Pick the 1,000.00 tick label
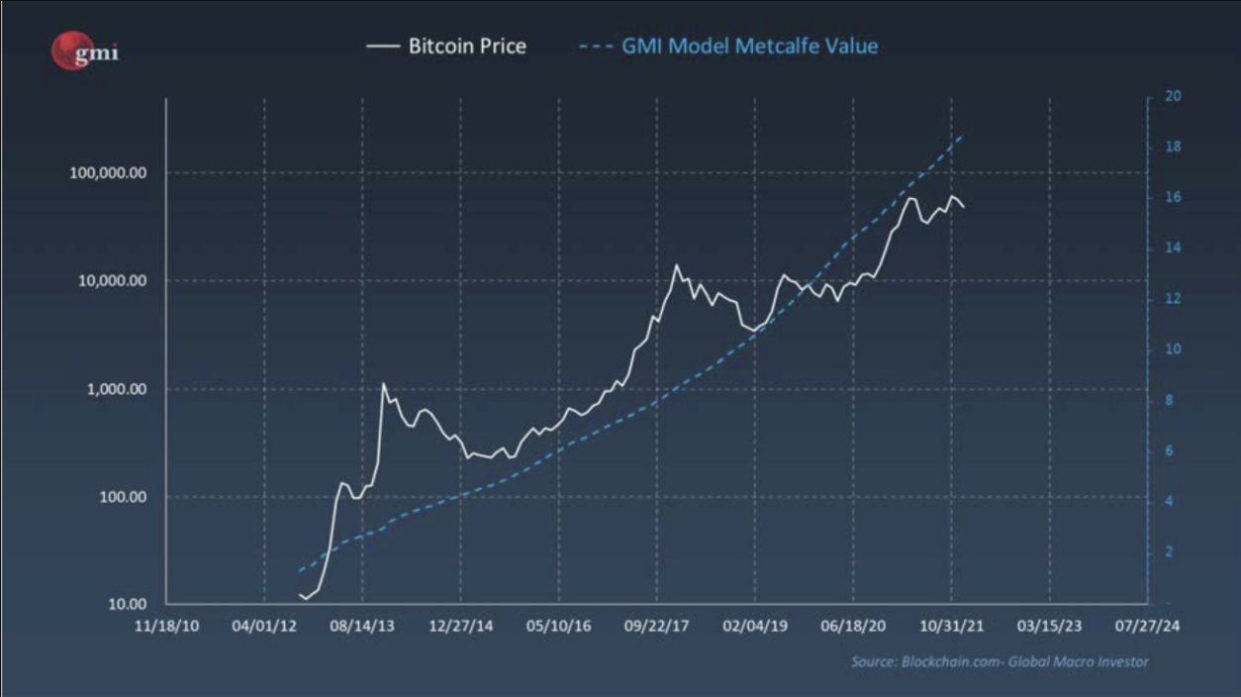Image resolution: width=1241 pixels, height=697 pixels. tap(112, 389)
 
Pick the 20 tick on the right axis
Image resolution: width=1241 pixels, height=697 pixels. tap(1174, 97)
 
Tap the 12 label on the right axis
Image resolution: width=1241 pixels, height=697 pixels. tap(1174, 299)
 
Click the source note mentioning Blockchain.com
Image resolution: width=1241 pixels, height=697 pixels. tap(1000, 661)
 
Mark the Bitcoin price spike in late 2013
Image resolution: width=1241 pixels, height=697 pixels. tap(383, 383)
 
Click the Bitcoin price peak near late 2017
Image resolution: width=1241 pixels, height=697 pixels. tap(677, 265)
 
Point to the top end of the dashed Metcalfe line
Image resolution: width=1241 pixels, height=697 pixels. tap(962, 136)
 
